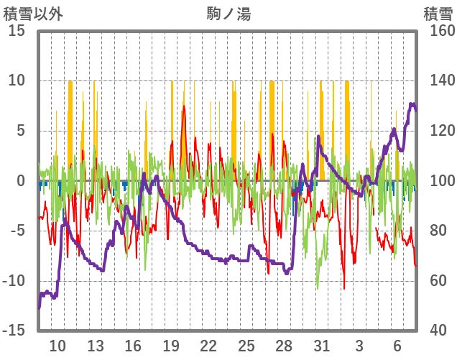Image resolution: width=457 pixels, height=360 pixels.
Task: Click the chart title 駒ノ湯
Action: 228,12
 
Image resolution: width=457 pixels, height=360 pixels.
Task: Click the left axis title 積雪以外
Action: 33,12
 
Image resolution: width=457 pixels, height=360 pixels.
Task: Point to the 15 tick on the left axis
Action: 17,31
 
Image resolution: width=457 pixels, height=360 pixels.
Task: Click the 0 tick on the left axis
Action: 22,181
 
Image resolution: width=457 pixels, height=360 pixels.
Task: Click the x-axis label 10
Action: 57,346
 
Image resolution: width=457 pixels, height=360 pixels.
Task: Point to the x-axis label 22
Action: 208,346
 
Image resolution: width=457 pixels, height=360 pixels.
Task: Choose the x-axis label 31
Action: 321,346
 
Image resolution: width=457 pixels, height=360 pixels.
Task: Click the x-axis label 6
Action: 397,346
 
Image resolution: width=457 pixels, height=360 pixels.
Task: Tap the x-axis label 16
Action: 133,346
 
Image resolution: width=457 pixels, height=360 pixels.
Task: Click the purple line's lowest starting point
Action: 40,308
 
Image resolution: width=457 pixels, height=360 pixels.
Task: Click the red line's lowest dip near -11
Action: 343,289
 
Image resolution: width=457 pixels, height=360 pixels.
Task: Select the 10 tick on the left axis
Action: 17,80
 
